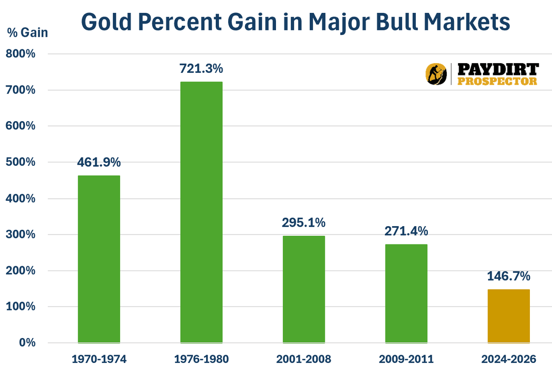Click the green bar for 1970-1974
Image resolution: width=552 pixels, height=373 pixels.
pos(99,259)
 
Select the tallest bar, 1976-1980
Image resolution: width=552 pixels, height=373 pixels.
pos(201,212)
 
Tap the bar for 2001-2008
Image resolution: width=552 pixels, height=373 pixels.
pos(304,289)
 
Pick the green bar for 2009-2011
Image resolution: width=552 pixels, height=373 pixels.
pos(407,293)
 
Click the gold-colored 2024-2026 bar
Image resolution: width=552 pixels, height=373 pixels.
pos(509,316)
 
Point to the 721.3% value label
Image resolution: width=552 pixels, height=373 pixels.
pos(201,69)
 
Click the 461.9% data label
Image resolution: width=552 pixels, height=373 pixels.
pos(99,162)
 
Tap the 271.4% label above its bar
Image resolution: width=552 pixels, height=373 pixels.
pos(407,231)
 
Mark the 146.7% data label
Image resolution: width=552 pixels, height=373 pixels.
pos(509,276)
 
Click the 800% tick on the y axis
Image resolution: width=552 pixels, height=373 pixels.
pos(20,54)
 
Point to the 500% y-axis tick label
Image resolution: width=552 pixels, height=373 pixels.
pos(20,162)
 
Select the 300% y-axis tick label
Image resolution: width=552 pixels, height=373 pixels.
pos(20,234)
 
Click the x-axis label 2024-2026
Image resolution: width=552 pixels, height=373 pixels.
pos(509,358)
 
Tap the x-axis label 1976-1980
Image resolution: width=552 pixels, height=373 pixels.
pos(201,358)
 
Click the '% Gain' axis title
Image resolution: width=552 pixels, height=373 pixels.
pos(27,33)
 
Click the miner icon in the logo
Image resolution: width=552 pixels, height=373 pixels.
pos(436,74)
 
